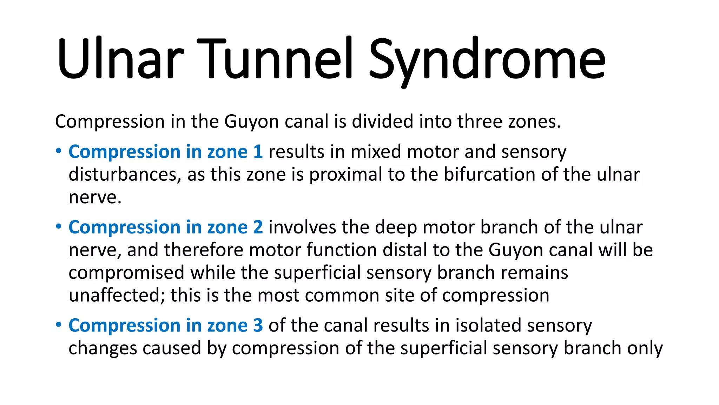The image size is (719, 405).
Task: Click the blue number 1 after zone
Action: pyautogui.click(x=258, y=152)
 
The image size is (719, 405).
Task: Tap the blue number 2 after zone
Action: pyautogui.click(x=258, y=227)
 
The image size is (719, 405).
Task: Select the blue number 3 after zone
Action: pyautogui.click(x=258, y=325)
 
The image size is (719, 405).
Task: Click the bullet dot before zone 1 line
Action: pyautogui.click(x=59, y=152)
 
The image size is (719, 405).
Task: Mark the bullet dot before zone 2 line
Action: pyautogui.click(x=59, y=227)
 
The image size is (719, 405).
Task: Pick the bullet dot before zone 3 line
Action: pyautogui.click(x=59, y=325)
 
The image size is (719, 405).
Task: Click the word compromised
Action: pyautogui.click(x=126, y=273)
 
